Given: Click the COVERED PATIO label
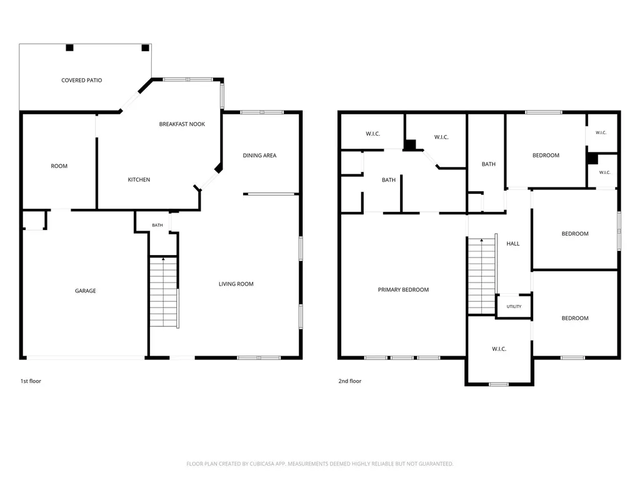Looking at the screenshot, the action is click(82, 81).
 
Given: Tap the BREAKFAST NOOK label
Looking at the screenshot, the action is click(182, 124).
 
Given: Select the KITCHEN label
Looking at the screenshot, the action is click(139, 179).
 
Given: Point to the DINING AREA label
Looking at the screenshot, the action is click(259, 156).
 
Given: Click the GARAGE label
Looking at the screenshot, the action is click(85, 291).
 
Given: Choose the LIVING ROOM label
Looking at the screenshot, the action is click(236, 284).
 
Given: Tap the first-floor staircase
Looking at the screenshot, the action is click(164, 292).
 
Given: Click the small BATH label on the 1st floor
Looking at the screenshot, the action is click(157, 225).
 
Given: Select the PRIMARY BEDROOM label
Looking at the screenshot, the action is click(403, 290).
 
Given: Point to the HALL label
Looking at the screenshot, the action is click(513, 244).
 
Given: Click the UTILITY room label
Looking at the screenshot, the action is click(514, 306).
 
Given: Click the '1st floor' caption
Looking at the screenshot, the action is click(31, 381).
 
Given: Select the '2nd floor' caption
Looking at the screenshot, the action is click(350, 381).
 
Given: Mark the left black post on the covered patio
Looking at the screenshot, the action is click(70, 47).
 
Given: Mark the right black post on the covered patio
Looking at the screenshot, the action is click(145, 47).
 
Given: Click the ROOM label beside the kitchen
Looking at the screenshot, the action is click(59, 166).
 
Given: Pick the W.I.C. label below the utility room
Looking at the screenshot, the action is click(499, 349).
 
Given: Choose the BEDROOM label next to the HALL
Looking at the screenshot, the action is click(575, 234).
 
